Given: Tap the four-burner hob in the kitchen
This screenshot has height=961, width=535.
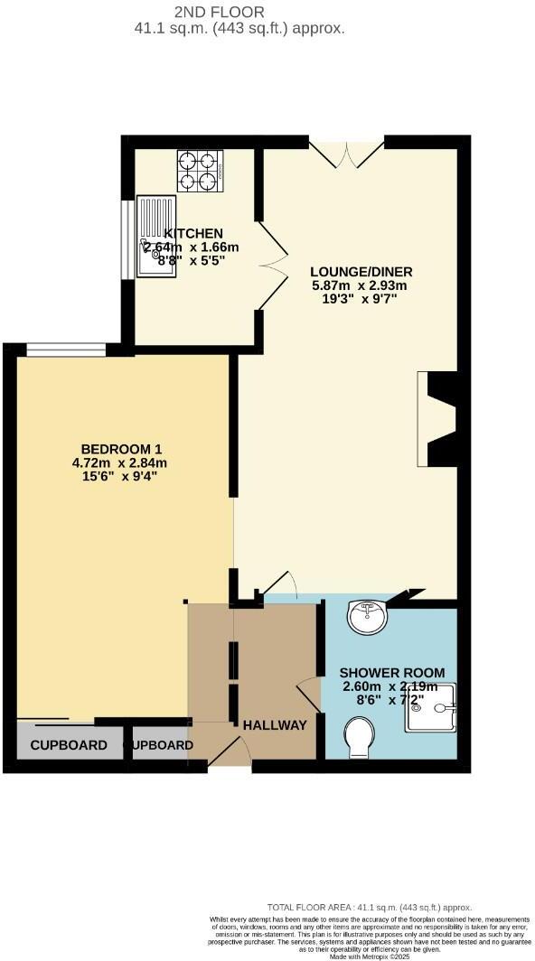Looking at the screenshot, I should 199,171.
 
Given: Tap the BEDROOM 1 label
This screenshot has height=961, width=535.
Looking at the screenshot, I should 121,450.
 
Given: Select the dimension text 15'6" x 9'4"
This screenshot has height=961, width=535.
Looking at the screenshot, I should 121,477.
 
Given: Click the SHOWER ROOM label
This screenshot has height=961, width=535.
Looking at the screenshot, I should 392,673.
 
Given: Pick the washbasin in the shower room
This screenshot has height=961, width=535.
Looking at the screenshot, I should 367,619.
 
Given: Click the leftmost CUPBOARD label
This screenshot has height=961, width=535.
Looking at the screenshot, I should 69,746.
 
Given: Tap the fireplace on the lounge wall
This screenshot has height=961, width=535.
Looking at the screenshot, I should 438,420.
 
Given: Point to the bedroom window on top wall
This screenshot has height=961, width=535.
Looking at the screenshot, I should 65,350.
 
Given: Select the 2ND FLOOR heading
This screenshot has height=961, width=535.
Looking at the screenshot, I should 221,12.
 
